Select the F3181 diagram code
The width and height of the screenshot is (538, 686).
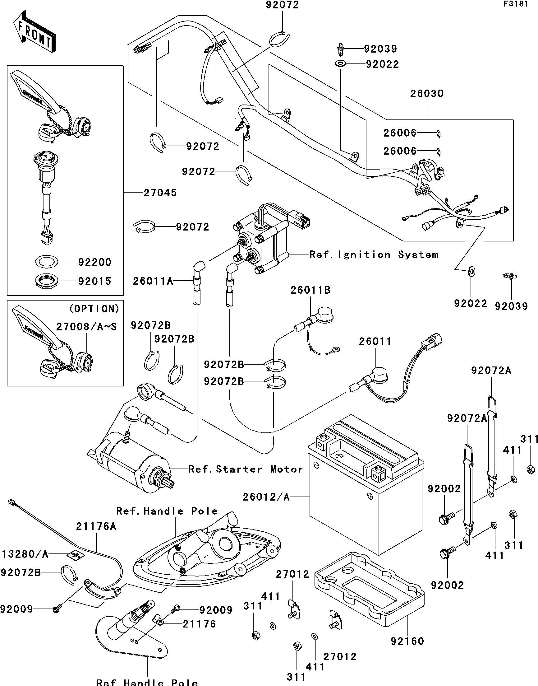pyautogui.click(x=516, y=5)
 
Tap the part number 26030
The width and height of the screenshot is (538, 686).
pyautogui.click(x=426, y=94)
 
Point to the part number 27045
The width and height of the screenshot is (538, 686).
pyautogui.click(x=160, y=193)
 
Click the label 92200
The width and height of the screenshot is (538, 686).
pyautogui.click(x=94, y=262)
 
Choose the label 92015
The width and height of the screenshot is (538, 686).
pyautogui.click(x=94, y=281)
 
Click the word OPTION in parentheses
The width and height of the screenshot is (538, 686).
pyautogui.click(x=94, y=309)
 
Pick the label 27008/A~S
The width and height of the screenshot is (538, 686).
pyautogui.click(x=86, y=327)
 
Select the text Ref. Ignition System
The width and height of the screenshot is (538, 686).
pyautogui.click(x=374, y=255)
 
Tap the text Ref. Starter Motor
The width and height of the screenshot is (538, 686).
pyautogui.click(x=245, y=469)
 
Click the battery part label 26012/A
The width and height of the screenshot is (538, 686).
pyautogui.click(x=266, y=497)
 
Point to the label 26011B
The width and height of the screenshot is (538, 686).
pyautogui.click(x=310, y=290)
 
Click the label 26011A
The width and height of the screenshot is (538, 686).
pyautogui.click(x=153, y=281)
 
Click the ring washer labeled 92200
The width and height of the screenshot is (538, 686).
pyautogui.click(x=46, y=261)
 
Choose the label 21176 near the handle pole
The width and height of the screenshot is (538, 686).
pyautogui.click(x=199, y=624)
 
